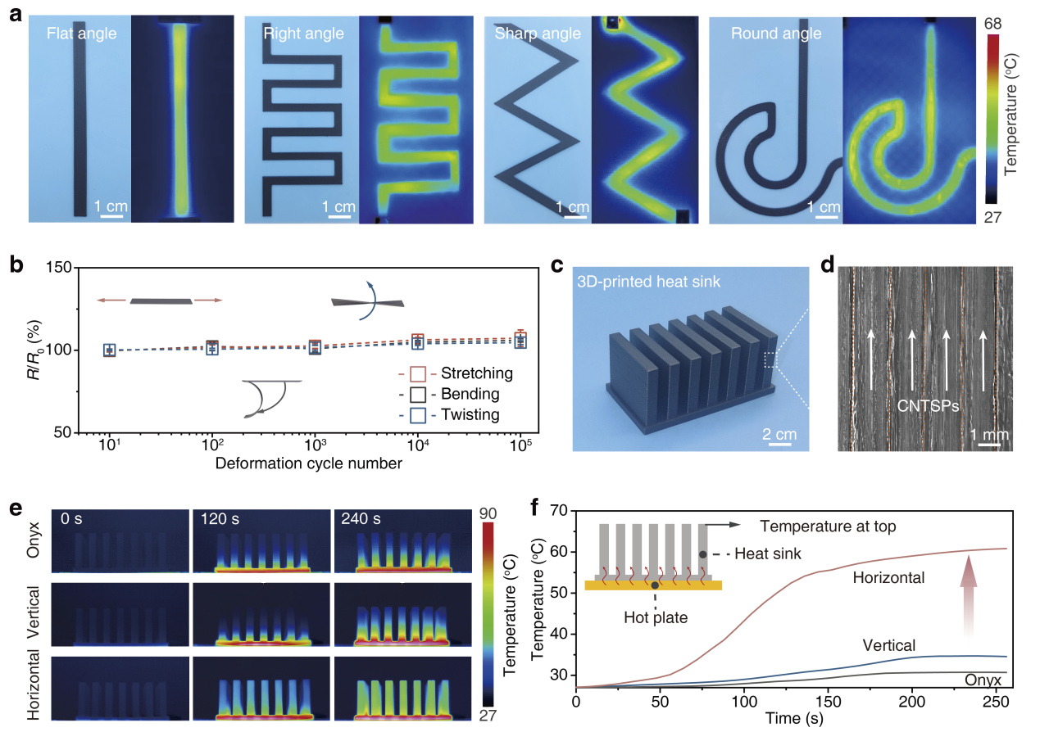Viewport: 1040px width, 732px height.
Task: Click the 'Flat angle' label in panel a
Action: click(x=82, y=34)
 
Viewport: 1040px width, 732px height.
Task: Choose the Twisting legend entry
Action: click(x=470, y=414)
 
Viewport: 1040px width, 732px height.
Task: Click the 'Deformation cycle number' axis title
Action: click(x=309, y=463)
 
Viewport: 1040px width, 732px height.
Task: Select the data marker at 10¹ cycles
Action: click(x=109, y=350)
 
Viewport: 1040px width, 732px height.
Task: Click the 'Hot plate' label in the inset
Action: click(x=655, y=617)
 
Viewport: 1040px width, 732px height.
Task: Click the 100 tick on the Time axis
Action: click(x=743, y=702)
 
